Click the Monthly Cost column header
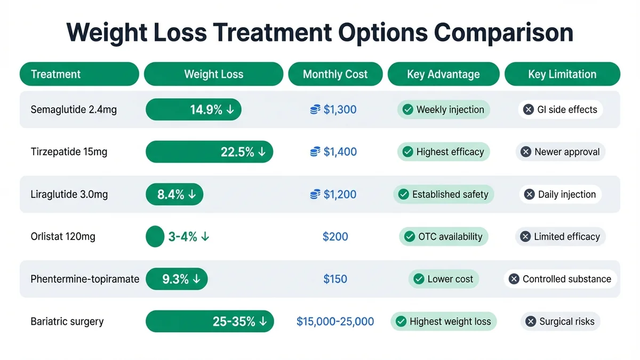(335, 74)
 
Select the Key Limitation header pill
(562, 74)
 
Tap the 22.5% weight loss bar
(209, 152)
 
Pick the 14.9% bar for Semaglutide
(193, 109)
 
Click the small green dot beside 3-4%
(155, 236)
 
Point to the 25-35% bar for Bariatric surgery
(209, 322)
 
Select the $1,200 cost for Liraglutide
(340, 195)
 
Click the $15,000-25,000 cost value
(335, 322)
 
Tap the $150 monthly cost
(335, 279)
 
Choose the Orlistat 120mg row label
(63, 236)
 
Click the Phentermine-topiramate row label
(85, 279)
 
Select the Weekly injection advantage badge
(444, 109)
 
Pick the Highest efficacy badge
(444, 152)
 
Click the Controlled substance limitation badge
(560, 279)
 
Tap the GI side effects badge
(560, 109)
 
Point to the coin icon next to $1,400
(315, 152)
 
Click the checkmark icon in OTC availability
(410, 236)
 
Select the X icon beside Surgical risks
(530, 322)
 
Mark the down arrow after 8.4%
(192, 195)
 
